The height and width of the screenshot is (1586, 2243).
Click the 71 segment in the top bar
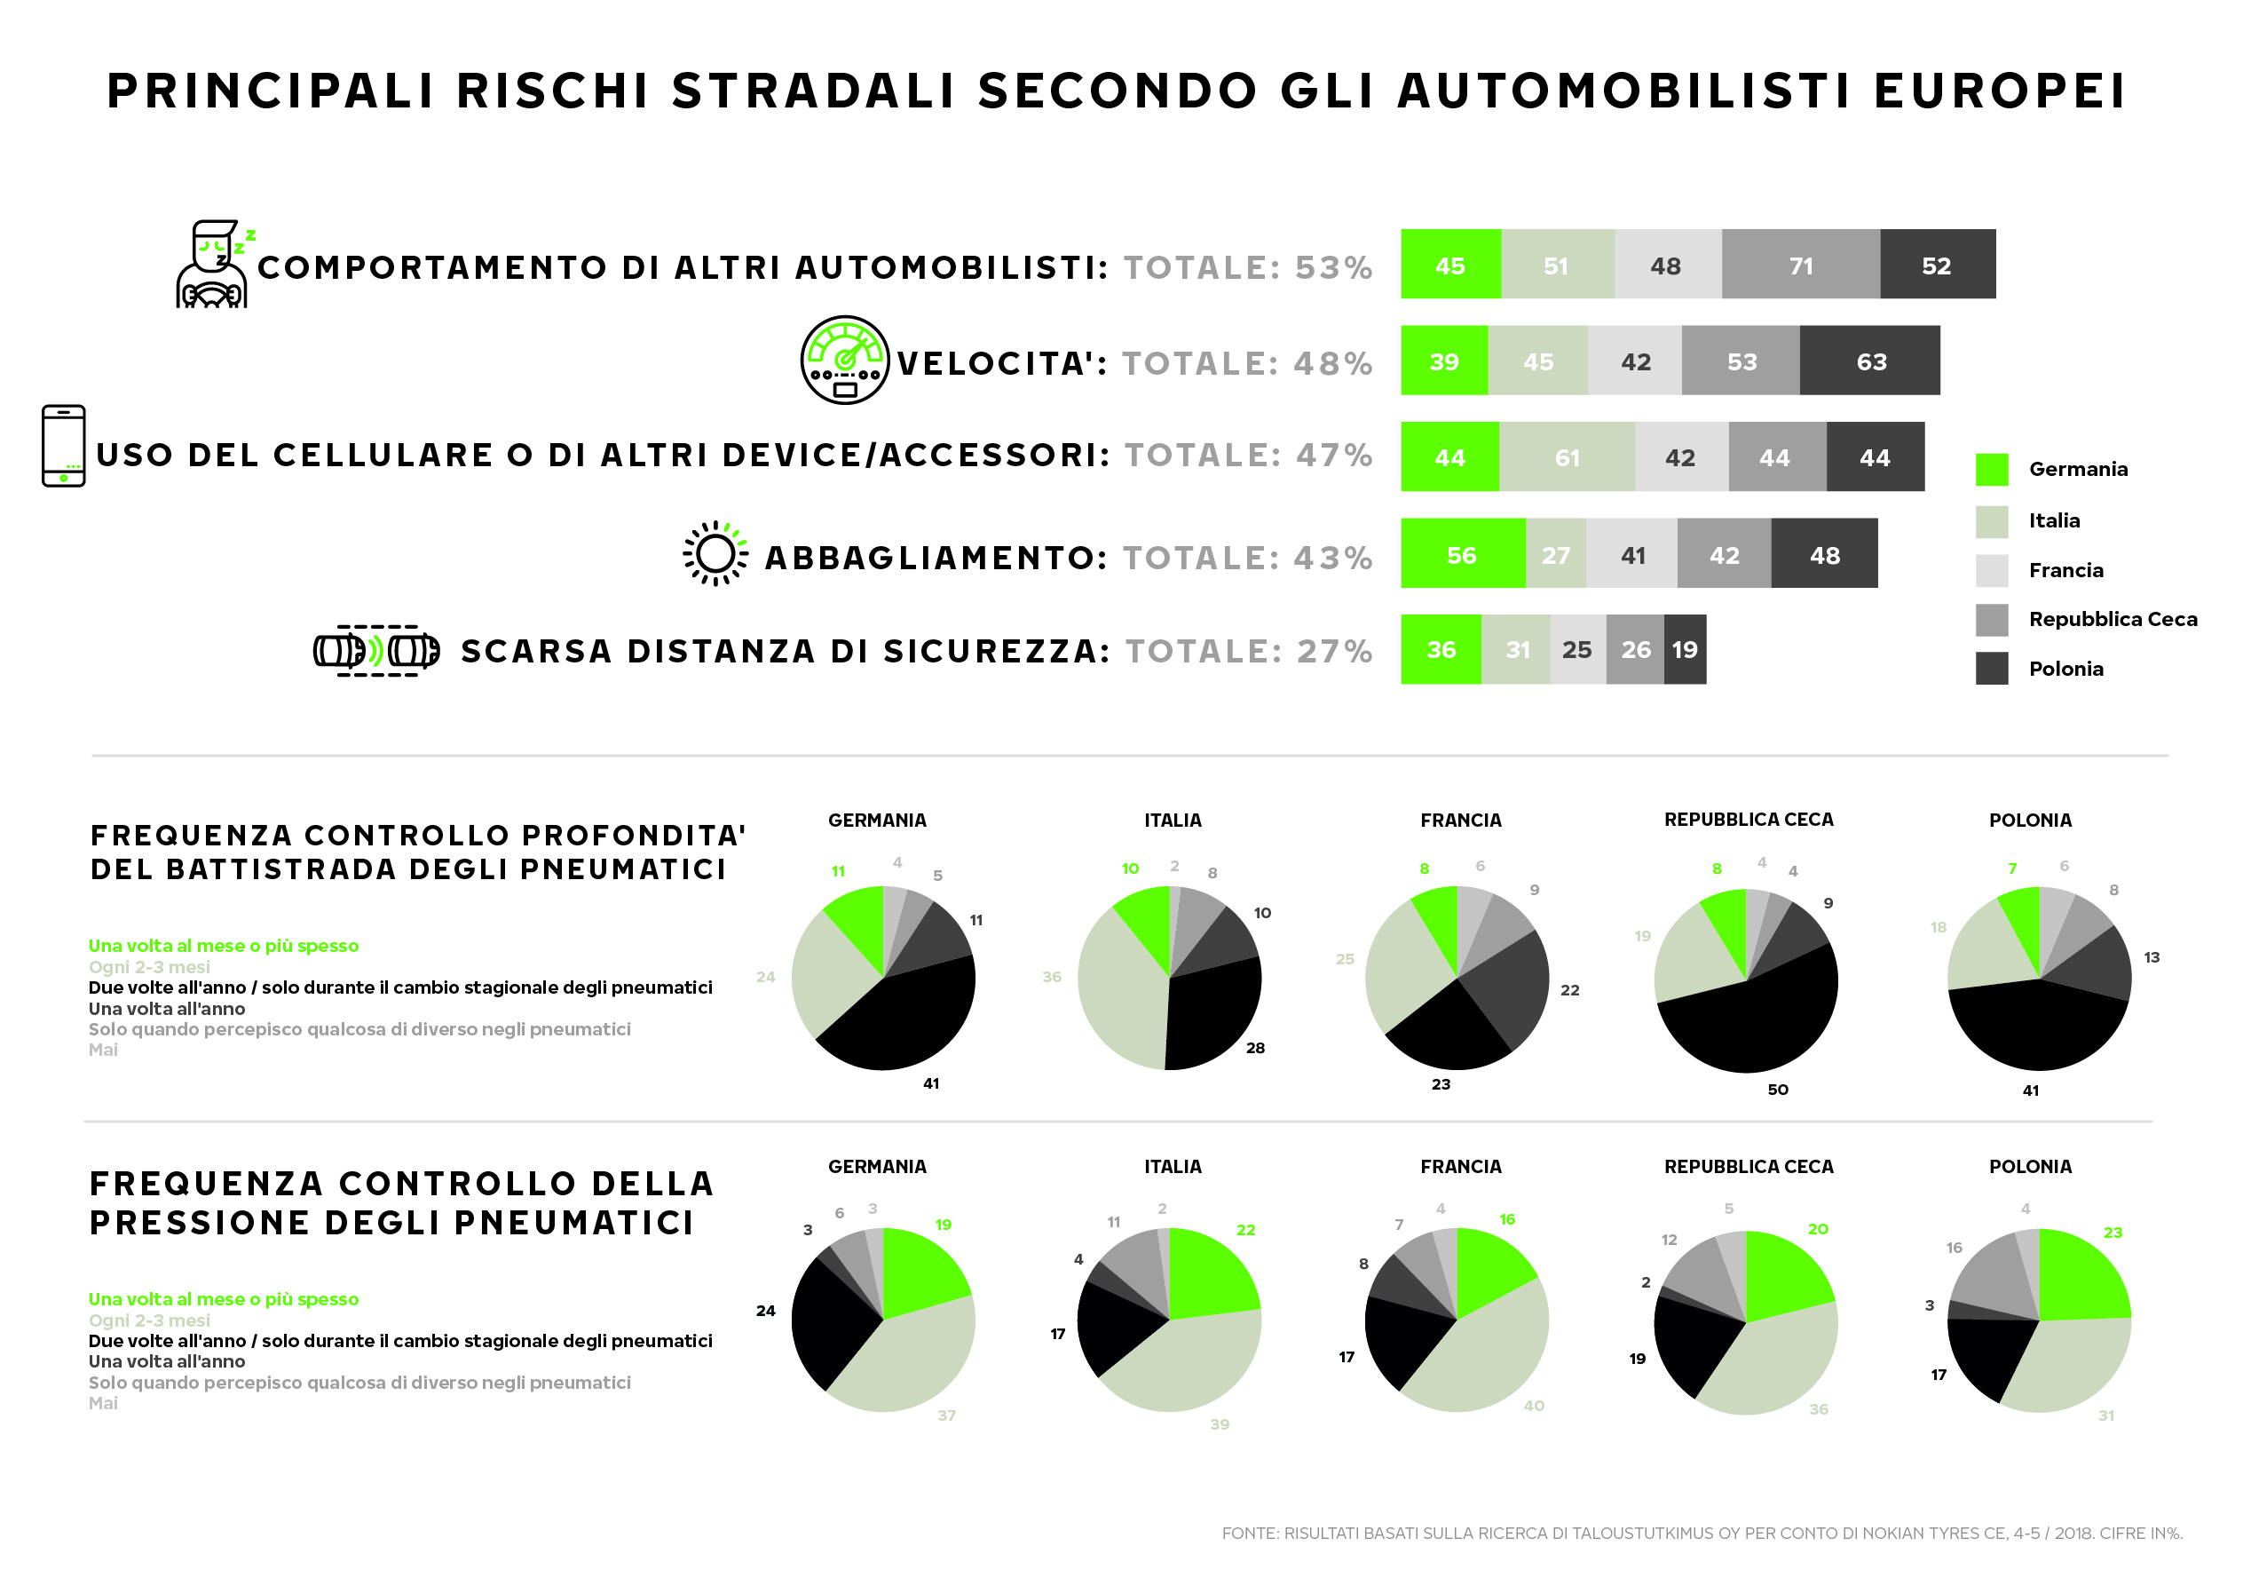[1800, 265]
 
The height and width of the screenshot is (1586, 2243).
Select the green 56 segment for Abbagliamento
[1463, 554]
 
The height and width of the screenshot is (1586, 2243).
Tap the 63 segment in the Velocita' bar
[1870, 361]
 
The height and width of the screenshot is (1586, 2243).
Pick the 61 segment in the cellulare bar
[1566, 457]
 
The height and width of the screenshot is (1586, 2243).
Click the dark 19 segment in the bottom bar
[1686, 650]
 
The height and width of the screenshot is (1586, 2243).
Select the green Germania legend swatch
[1991, 469]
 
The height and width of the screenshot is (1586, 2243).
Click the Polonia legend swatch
[1991, 669]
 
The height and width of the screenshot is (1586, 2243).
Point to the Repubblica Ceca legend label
[2113, 619]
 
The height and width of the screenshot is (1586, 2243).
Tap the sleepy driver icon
[213, 264]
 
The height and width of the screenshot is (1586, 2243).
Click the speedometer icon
[845, 360]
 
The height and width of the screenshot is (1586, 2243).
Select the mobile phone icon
[64, 446]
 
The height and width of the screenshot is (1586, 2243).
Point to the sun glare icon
[715, 554]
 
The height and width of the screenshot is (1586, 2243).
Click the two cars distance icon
[376, 651]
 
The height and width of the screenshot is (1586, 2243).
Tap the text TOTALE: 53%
[1247, 266]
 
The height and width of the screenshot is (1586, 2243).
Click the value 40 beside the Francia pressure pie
[1534, 1405]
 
